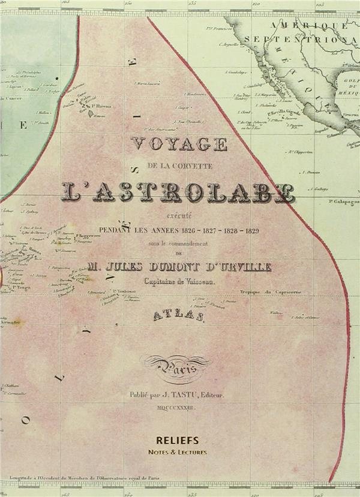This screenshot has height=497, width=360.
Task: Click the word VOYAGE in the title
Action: [179, 144]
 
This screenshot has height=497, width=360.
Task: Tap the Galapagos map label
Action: [344, 203]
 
